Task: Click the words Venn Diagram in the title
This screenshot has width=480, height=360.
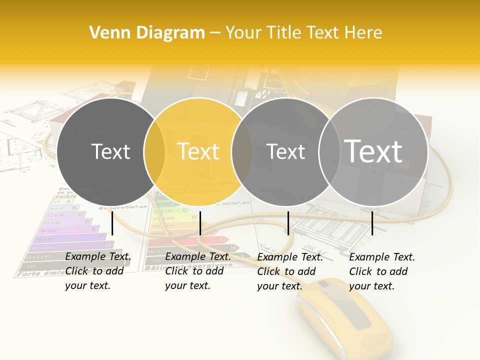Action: click(x=147, y=33)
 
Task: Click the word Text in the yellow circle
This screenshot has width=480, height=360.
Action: click(x=198, y=151)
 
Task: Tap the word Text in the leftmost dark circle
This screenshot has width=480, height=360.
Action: click(x=110, y=151)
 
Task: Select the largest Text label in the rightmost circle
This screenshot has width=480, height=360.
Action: click(x=373, y=151)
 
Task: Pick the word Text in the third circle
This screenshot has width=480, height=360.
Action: click(x=285, y=151)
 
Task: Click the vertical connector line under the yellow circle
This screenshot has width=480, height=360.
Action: click(x=200, y=223)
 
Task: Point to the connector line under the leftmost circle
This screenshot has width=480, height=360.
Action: click(x=112, y=223)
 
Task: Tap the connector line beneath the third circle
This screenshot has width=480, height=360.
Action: click(x=288, y=223)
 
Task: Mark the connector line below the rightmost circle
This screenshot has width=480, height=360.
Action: click(x=372, y=223)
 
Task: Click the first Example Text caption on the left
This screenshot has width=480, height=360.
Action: click(x=98, y=271)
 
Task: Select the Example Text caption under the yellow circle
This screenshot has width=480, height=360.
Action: click(x=198, y=271)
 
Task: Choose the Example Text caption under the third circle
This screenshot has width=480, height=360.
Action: click(x=290, y=271)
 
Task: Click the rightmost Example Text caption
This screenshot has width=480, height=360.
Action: click(x=382, y=271)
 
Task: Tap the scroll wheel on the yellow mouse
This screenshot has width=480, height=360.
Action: click(x=324, y=284)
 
